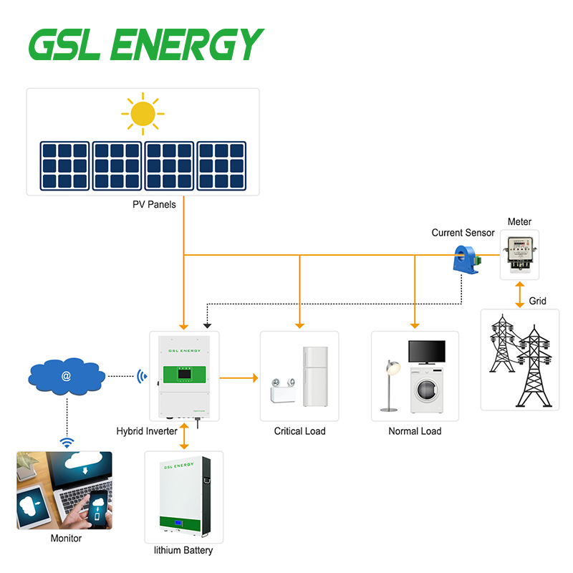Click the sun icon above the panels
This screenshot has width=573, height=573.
coord(143,113)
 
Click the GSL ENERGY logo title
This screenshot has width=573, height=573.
coord(145,45)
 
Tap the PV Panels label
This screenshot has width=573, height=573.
coord(154,205)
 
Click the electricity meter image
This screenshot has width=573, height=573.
coord(519,254)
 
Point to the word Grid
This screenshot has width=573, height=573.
coord(537,301)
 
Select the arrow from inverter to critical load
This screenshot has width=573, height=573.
coord(239,377)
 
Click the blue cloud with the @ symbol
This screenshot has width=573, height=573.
coord(67,375)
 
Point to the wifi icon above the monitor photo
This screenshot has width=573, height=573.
coord(67,443)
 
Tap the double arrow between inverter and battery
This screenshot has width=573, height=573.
coord(184,436)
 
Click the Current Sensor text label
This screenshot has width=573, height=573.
coord(463,233)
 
